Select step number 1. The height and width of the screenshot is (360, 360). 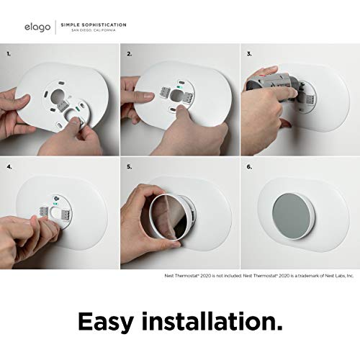(9, 53)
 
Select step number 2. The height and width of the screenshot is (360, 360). (130, 53)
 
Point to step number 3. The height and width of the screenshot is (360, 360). (248, 53)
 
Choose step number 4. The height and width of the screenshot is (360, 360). (9, 167)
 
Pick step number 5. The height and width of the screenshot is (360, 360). (130, 167)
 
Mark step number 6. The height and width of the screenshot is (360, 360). (248, 167)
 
